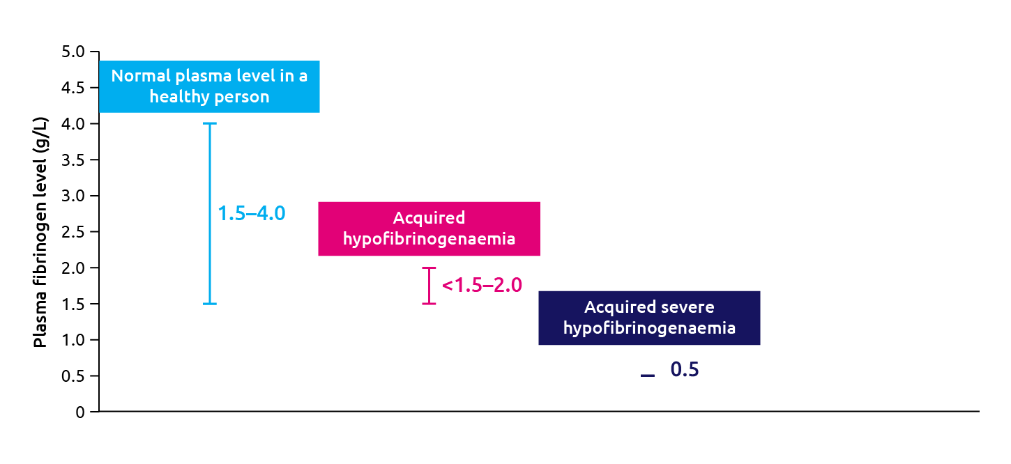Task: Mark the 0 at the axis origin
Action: click(80, 412)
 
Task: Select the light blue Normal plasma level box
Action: click(209, 86)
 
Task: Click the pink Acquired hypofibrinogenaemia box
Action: click(429, 229)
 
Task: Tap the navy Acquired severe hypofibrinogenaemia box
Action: click(649, 318)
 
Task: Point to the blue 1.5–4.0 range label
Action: click(252, 213)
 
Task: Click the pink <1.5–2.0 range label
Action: click(482, 285)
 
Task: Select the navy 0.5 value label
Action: click(684, 370)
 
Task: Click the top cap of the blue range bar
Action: click(209, 124)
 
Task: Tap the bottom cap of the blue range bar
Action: click(209, 304)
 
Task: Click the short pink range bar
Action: click(430, 286)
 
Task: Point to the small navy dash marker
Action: click(648, 376)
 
